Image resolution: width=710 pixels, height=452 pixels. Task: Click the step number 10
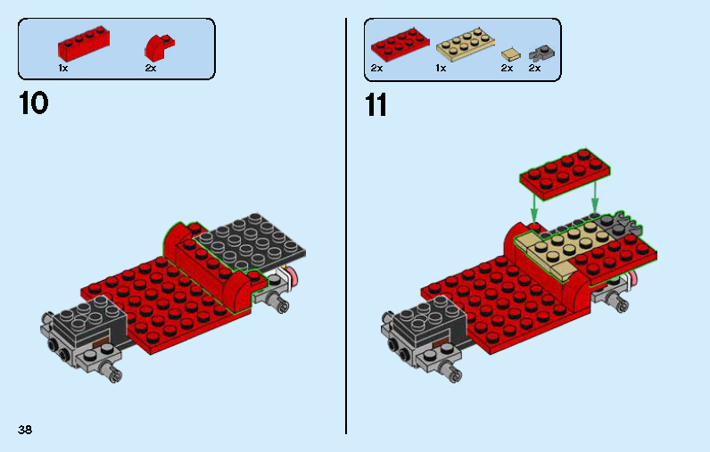[33, 103]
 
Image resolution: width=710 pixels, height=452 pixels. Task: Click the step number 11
[376, 105]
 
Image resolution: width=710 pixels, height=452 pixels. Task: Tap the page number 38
[25, 430]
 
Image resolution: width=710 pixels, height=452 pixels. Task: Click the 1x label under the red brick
[62, 68]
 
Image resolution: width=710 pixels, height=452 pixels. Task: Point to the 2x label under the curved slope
[150, 68]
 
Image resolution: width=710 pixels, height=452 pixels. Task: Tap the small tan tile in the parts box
[510, 53]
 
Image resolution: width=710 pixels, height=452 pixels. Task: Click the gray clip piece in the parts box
[539, 52]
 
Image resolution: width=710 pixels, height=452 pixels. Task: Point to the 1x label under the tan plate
[441, 68]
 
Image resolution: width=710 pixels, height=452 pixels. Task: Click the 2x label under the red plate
[376, 68]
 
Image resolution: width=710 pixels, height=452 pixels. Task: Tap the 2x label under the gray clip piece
[534, 68]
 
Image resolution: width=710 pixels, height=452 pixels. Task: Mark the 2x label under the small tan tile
[507, 68]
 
